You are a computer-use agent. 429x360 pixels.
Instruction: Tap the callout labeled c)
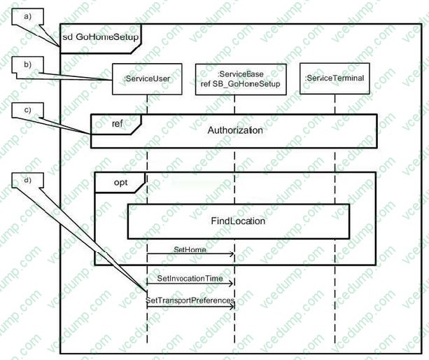click(27, 111)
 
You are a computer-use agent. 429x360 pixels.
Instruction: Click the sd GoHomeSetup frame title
click(100, 36)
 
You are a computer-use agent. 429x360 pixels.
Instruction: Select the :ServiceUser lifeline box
click(147, 79)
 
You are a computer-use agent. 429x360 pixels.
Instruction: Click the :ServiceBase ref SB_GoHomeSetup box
click(240, 78)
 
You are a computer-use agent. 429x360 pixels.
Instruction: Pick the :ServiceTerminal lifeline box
click(335, 78)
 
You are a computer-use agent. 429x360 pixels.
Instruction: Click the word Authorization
click(235, 130)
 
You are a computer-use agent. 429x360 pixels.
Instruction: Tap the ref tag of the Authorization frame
click(118, 124)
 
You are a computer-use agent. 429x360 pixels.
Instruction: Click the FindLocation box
click(238, 221)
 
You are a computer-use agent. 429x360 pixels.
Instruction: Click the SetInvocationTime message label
click(190, 278)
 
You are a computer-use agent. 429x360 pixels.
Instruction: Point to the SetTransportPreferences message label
click(190, 300)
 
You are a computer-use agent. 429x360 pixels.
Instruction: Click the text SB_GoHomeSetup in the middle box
click(249, 84)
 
